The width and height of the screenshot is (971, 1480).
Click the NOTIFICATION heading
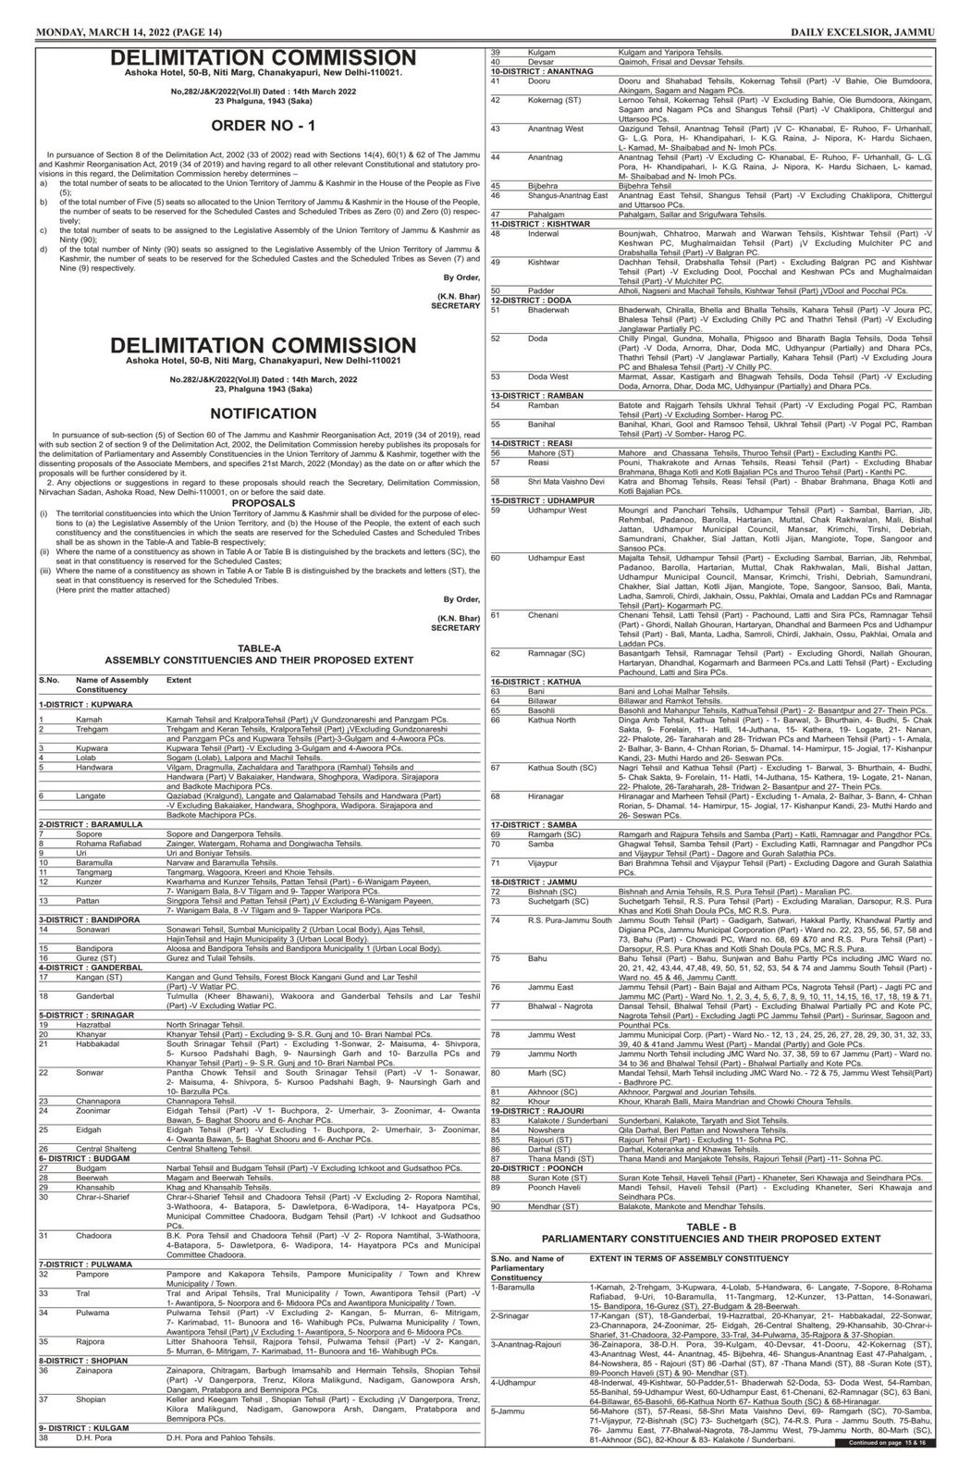pyautogui.click(x=263, y=413)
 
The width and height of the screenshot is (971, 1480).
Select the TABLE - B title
pyautogui.click(x=711, y=1226)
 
